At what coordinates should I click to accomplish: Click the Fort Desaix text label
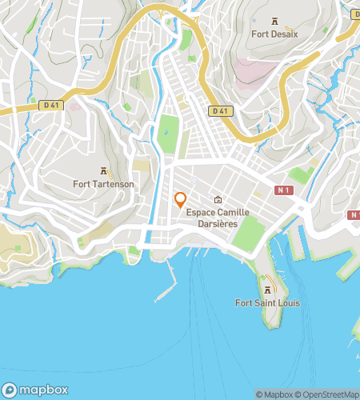(275, 34)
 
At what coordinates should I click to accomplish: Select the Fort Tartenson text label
(104, 184)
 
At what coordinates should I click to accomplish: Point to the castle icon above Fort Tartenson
(104, 170)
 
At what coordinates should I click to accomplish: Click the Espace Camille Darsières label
(218, 218)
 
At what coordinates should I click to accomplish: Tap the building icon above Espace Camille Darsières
(218, 199)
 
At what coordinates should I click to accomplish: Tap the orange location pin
(181, 200)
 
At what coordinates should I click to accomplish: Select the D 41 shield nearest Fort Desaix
(222, 110)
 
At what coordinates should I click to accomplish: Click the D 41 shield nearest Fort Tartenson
(51, 105)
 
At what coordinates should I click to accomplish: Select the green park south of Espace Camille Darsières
(250, 232)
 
